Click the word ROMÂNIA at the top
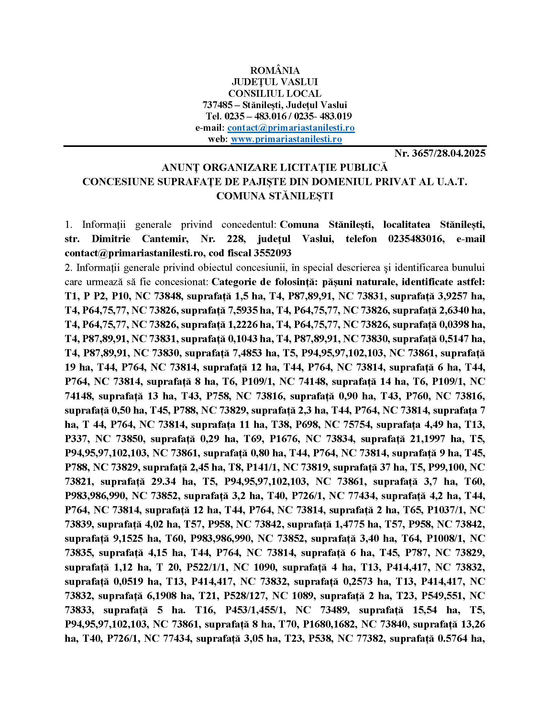[x=275, y=71]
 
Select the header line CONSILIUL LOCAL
[x=275, y=94]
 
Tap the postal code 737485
[x=217, y=105]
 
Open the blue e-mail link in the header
[x=291, y=128]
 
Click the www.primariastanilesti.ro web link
[x=286, y=139]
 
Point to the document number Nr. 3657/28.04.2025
[x=440, y=153]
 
